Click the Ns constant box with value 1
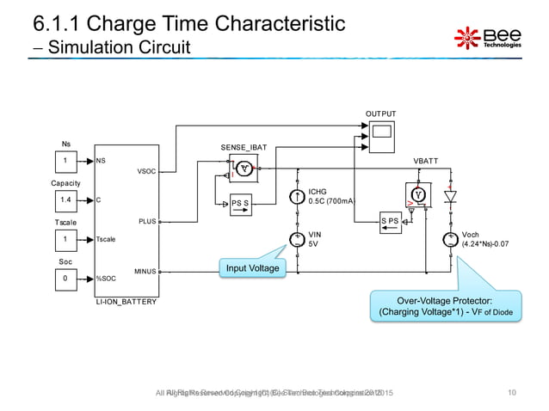[65, 160]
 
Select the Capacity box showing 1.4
[65, 199]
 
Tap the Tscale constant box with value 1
[65, 239]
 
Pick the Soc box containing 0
[65, 278]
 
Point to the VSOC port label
[145, 172]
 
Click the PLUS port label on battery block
[145, 221]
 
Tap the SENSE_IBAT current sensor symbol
[245, 169]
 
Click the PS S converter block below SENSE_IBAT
[240, 203]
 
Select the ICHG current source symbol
[297, 197]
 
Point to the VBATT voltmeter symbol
[419, 193]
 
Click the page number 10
[512, 393]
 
